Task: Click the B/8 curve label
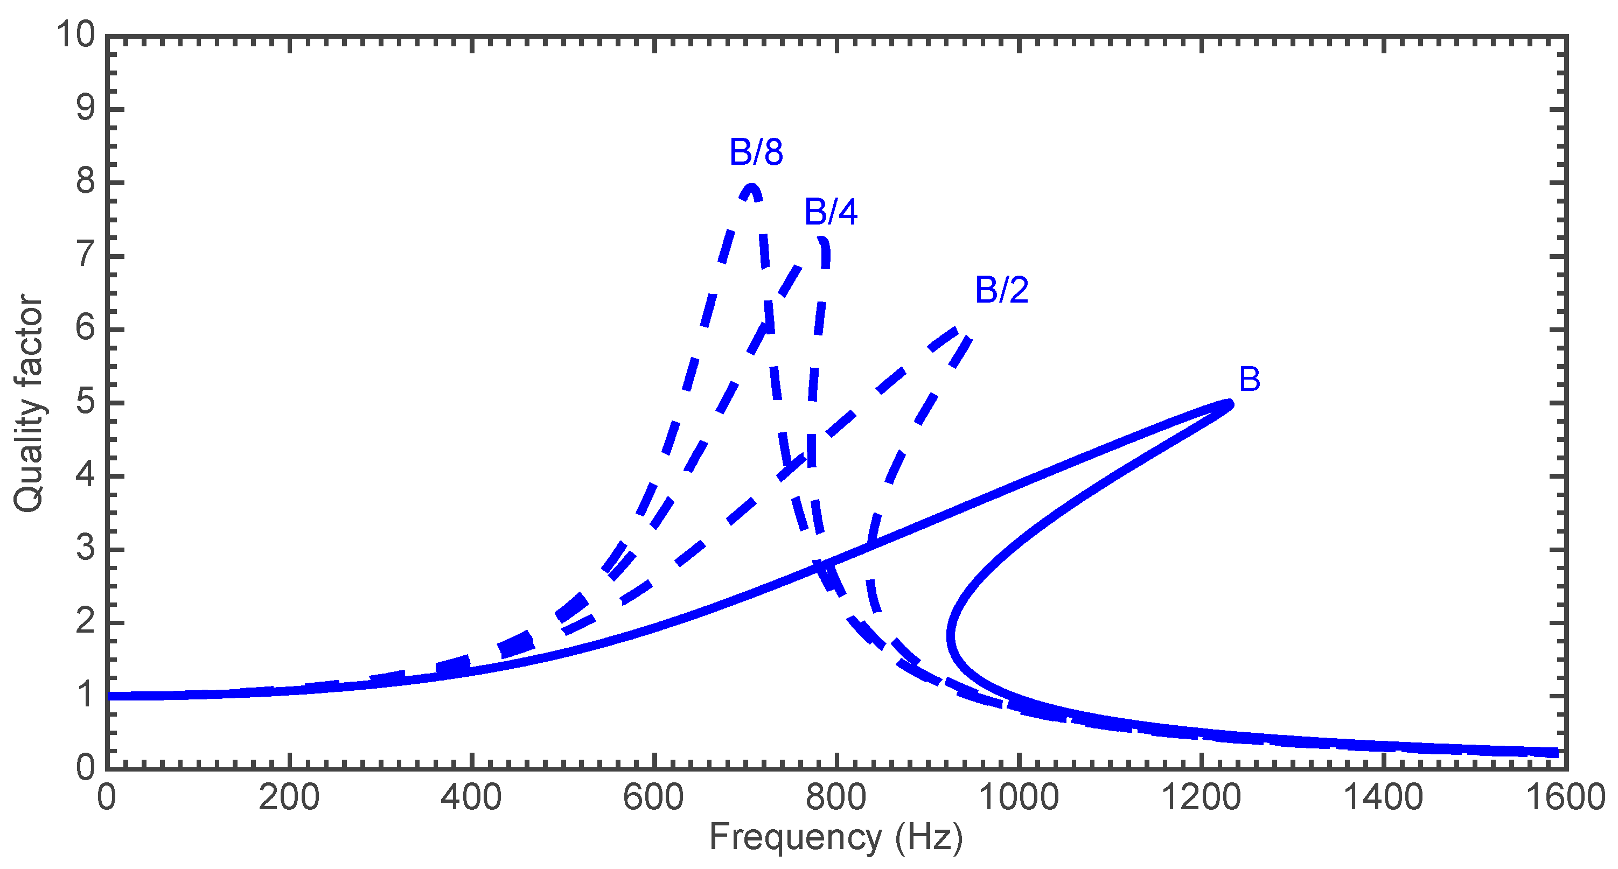click(x=756, y=152)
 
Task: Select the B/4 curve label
click(x=831, y=212)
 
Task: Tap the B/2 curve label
click(x=1001, y=290)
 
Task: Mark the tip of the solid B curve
click(x=1230, y=404)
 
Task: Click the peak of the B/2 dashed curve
click(x=956, y=329)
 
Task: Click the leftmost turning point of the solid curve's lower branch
click(x=952, y=635)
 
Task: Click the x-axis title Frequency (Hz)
click(x=835, y=838)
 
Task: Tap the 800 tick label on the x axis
click(x=835, y=797)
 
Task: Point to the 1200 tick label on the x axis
click(x=1201, y=797)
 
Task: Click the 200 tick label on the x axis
click(x=289, y=797)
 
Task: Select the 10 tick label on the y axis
click(x=75, y=34)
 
